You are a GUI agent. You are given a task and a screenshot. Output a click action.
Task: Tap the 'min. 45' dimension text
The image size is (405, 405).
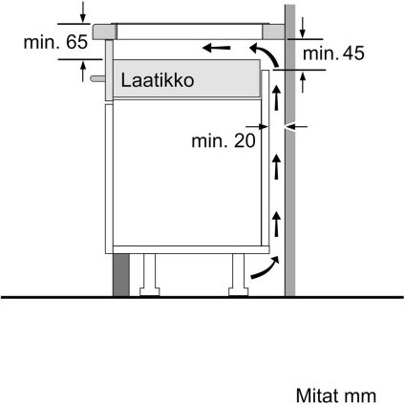coord(333,54)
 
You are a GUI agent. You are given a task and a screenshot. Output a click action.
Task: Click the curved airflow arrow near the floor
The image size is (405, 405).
coord(261,270)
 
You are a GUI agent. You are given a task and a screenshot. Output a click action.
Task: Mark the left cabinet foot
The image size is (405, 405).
coord(149,275)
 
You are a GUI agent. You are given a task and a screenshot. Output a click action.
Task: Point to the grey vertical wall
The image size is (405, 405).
coord(295,191)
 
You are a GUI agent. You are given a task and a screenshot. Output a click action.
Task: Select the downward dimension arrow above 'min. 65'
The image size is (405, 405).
coord(85,12)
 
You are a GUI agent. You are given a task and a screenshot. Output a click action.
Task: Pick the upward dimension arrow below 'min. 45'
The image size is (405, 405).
coord(302,84)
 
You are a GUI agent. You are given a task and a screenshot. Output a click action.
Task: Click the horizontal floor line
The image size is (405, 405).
coord(191,298)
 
